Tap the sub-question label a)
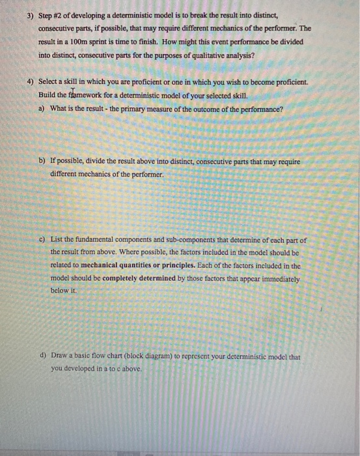pyautogui.click(x=42, y=109)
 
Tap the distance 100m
pyautogui.click(x=87, y=42)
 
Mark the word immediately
pyautogui.click(x=279, y=278)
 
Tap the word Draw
pyautogui.click(x=59, y=356)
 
